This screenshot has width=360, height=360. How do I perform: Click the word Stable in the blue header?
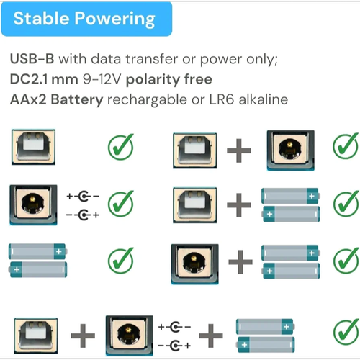coord(41,18)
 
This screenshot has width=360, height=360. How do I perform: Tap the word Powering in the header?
coord(114,19)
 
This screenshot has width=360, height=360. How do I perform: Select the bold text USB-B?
coord(32,58)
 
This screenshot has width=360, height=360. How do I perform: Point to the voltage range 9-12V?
coord(102,79)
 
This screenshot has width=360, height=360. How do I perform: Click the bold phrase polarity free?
coord(169,80)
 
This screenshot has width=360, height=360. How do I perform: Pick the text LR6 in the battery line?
coord(221,99)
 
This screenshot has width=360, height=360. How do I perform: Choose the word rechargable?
coord(147,100)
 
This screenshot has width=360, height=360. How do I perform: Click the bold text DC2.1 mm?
coord(44,79)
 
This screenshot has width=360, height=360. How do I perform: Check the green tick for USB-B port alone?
coord(121,146)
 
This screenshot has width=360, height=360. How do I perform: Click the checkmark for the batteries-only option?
coord(121,260)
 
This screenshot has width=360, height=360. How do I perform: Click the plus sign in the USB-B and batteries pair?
coord(239,205)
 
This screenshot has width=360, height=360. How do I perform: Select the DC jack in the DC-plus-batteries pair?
coord(194,264)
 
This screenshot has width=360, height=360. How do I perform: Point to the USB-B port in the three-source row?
coord(35,336)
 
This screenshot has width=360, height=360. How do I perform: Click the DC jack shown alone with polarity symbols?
coord(33,205)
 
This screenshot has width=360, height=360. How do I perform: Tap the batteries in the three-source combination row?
coord(266,336)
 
